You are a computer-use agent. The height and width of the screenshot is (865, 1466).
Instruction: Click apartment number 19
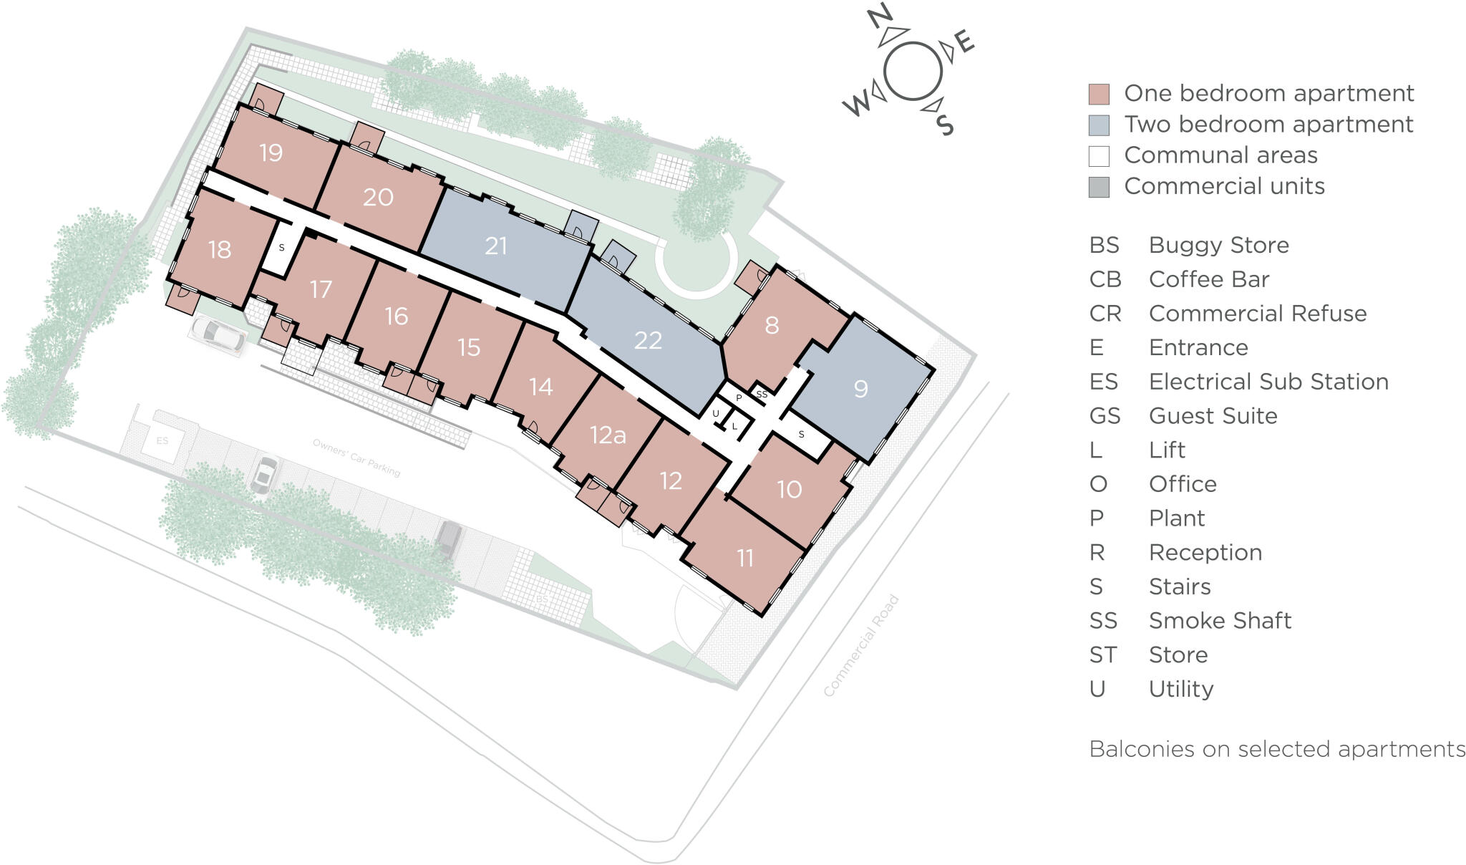click(271, 153)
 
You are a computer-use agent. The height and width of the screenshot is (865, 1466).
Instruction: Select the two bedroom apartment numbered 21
click(495, 246)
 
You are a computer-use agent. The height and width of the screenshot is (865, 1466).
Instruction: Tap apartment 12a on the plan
click(608, 435)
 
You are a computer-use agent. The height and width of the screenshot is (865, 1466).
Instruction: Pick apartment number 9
click(860, 389)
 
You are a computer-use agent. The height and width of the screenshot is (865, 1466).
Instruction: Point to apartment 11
click(745, 558)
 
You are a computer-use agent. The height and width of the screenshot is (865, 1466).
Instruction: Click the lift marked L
click(734, 427)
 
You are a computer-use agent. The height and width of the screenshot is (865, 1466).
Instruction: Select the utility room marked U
click(715, 414)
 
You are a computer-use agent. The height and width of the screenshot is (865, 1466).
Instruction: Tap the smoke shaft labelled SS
click(762, 395)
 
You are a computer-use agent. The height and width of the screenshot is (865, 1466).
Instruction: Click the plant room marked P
click(739, 398)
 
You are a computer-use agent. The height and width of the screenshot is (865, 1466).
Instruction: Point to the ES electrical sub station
click(162, 441)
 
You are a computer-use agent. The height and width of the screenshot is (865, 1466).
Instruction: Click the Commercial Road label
click(861, 646)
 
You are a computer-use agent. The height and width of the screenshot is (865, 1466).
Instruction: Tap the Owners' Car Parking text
click(356, 458)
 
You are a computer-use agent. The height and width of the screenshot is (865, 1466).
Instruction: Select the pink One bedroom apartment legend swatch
click(1099, 94)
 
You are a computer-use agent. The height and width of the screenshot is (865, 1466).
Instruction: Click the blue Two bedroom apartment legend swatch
click(1099, 125)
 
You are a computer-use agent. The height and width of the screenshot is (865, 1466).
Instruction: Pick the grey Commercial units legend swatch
click(1099, 187)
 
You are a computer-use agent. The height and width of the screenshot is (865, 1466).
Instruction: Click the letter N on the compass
click(880, 16)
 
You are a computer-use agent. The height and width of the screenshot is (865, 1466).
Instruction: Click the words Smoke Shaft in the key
click(1220, 621)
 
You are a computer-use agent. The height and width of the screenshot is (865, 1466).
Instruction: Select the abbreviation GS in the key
click(1105, 416)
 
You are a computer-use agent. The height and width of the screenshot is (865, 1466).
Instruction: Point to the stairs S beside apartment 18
click(281, 248)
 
